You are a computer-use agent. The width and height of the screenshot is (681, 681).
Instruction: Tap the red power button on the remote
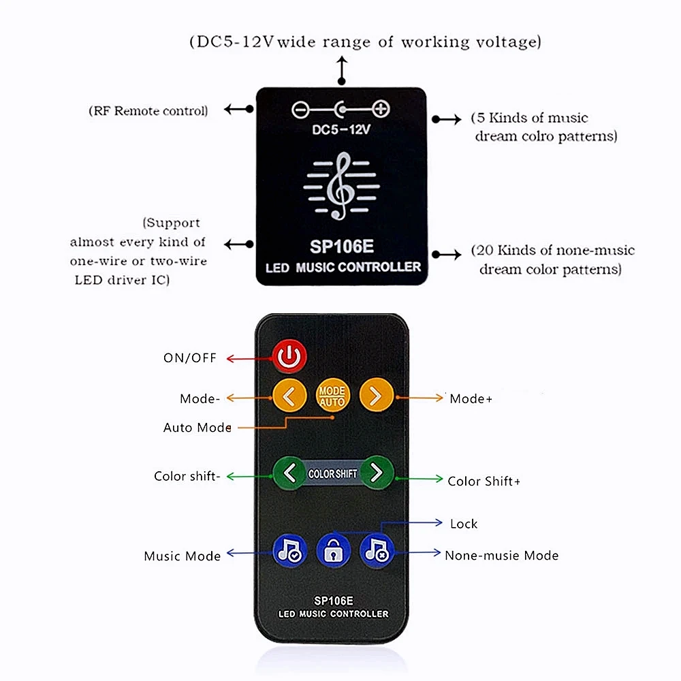289,357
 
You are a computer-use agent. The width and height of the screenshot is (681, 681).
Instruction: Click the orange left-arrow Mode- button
289,395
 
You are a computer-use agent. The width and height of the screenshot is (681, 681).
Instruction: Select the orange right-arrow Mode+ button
376,395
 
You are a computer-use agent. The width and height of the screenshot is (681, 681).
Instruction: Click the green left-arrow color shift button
289,473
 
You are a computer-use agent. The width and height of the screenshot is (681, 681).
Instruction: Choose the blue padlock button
333,551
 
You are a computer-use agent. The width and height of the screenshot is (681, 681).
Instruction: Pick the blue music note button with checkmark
289,551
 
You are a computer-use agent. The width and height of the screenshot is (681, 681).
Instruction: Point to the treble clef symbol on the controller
341,186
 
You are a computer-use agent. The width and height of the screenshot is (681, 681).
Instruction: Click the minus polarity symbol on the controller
300,110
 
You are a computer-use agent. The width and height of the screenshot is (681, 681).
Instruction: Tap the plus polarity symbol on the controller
381,109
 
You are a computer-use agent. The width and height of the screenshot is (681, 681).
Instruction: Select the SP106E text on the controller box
342,247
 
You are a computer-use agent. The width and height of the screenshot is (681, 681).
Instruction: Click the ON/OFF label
190,358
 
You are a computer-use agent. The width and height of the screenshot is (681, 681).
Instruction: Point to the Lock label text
464,524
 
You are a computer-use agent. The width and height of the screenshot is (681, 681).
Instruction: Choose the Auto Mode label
197,428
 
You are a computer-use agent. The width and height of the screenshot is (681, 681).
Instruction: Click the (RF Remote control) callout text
148,111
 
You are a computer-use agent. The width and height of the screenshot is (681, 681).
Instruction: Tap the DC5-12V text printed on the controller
341,129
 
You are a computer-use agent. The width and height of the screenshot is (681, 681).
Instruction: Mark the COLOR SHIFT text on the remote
333,473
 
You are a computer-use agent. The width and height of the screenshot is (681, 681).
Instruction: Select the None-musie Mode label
502,555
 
